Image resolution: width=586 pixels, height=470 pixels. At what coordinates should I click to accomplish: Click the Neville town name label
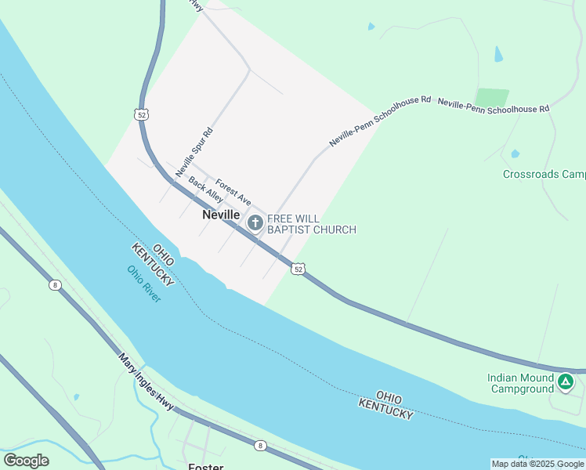(x=221, y=214)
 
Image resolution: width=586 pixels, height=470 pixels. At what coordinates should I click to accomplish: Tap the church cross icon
(x=255, y=223)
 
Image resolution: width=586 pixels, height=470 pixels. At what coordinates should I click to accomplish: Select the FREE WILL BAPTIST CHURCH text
(x=312, y=224)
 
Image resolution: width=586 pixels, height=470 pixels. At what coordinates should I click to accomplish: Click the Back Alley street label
(x=205, y=190)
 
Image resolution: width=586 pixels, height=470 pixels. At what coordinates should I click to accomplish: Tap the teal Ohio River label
(x=144, y=284)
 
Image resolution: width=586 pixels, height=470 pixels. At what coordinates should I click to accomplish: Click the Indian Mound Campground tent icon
(x=566, y=382)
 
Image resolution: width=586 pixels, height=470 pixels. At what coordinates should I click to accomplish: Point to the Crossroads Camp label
(x=544, y=175)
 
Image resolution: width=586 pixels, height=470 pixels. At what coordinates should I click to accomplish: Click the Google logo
(x=26, y=461)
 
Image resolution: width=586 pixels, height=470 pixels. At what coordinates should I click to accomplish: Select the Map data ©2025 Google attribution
(x=537, y=464)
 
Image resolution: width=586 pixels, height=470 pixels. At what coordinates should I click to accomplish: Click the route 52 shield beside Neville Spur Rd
(x=141, y=114)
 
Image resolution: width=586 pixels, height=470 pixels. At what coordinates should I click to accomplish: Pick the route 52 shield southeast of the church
(x=298, y=269)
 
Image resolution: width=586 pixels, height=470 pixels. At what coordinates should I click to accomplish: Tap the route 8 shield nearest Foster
(x=260, y=446)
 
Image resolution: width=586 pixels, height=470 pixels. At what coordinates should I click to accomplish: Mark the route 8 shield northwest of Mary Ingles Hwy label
(x=55, y=285)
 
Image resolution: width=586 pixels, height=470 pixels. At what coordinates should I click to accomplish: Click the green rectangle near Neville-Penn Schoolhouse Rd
(x=492, y=97)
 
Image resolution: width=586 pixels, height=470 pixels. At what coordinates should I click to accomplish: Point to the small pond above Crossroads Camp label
(x=515, y=154)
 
